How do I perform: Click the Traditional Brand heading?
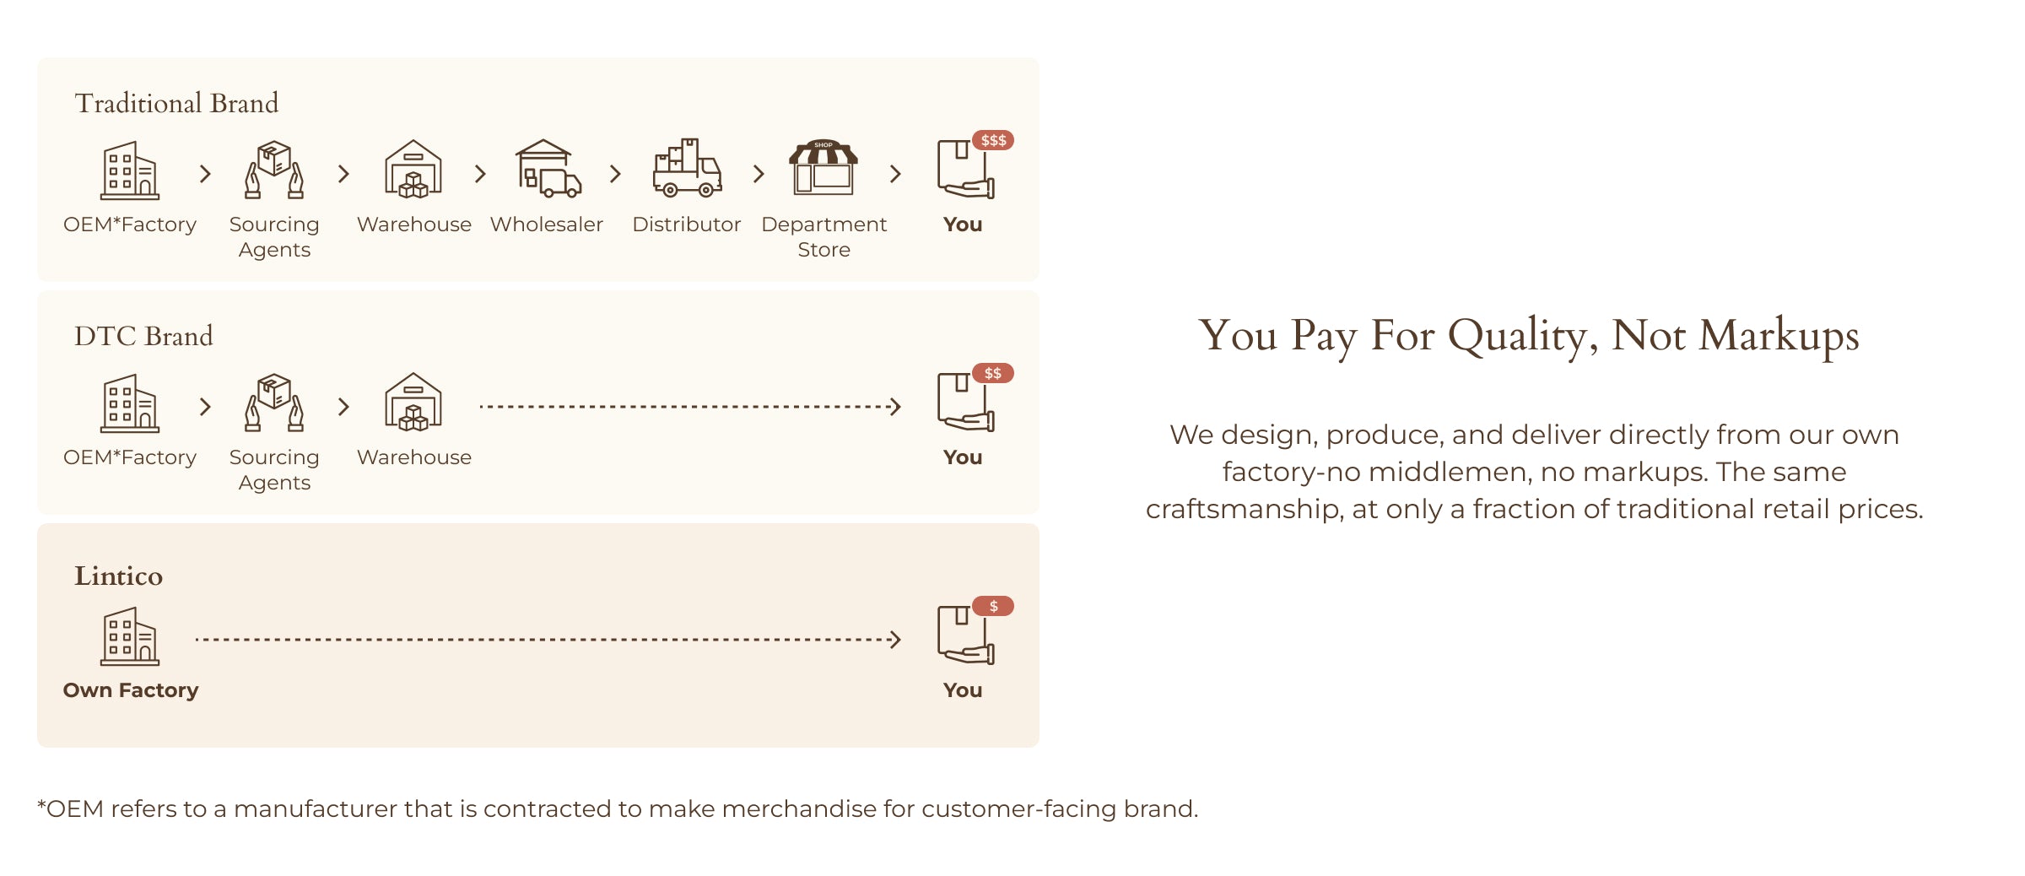pos(176,103)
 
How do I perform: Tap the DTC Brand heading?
pos(143,336)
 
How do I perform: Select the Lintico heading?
pos(118,576)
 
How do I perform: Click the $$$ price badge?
pos(993,140)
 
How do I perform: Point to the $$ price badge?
pos(993,373)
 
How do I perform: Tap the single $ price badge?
pos(993,606)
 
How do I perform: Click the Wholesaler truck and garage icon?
pos(548,169)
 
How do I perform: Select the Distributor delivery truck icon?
pos(687,168)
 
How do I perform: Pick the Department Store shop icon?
pos(823,167)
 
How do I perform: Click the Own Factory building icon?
pos(130,636)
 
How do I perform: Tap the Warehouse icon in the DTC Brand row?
pos(413,403)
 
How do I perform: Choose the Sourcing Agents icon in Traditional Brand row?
pos(274,170)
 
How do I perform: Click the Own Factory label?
pos(131,690)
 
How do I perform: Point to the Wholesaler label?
pos(547,224)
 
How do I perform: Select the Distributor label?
pos(687,224)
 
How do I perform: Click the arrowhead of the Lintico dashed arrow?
pos(896,640)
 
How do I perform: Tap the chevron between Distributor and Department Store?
pos(759,174)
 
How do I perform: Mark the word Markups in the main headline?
pos(1779,337)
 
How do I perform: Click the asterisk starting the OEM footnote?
pos(41,804)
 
